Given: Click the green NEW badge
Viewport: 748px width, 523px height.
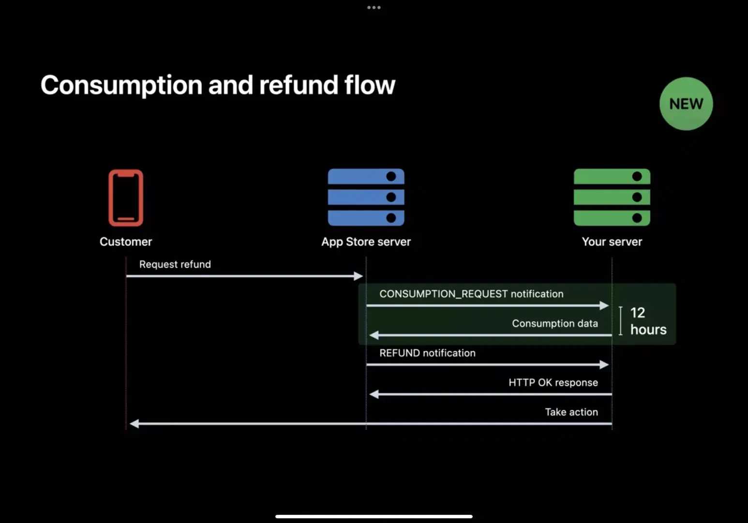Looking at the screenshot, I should point(686,104).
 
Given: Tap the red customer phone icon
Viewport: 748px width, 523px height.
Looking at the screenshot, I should point(126,198).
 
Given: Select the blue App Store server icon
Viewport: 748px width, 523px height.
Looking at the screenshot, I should point(366,197).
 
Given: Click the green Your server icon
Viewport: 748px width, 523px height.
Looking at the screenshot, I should point(612,197).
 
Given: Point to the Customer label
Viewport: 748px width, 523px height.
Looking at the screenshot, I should point(126,242).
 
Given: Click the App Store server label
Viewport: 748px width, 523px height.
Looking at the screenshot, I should point(366,242).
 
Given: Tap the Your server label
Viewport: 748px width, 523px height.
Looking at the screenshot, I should point(612,242).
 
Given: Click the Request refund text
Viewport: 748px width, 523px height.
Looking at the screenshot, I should point(175,264).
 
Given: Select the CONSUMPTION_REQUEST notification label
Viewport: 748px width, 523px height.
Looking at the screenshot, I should point(471,294).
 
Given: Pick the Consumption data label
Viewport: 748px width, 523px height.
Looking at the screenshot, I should point(555,323).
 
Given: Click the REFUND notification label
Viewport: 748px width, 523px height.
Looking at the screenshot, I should point(427,353).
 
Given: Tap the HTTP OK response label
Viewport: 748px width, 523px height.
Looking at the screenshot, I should point(553,383).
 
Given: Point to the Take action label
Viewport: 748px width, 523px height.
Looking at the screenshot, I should point(571,412).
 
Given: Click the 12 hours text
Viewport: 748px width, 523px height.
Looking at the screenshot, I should point(648,321).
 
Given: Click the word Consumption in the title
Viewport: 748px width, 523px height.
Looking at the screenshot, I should point(121,85).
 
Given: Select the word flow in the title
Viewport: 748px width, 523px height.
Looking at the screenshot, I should point(370,85).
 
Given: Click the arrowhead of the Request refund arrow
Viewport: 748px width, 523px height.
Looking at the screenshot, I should point(359,276).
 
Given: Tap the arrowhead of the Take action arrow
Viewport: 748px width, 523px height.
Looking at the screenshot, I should point(135,424).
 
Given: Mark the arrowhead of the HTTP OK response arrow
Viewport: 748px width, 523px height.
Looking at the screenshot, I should point(374,394).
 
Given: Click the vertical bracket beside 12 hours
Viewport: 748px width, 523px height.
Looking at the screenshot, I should point(620,321).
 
